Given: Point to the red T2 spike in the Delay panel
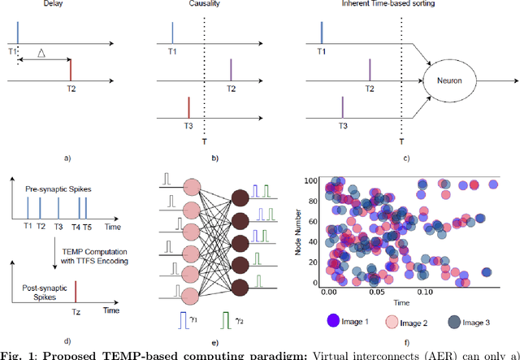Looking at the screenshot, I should (x=71, y=69).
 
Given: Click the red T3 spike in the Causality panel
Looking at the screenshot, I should (x=188, y=108).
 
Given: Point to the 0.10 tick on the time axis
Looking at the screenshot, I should (x=424, y=291).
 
